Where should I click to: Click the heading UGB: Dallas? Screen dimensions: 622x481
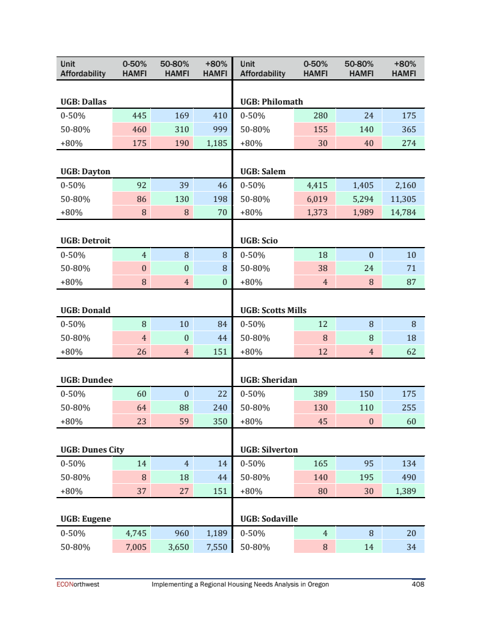(x=84, y=102)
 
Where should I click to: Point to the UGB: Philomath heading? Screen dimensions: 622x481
(x=272, y=102)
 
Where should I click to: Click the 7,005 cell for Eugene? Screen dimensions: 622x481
(x=135, y=547)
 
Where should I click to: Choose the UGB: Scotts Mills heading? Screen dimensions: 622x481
(x=274, y=310)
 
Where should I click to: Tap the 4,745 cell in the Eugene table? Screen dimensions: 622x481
(x=135, y=533)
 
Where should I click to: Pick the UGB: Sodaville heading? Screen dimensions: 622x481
(x=269, y=519)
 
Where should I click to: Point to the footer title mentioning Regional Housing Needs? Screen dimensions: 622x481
(x=240, y=584)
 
